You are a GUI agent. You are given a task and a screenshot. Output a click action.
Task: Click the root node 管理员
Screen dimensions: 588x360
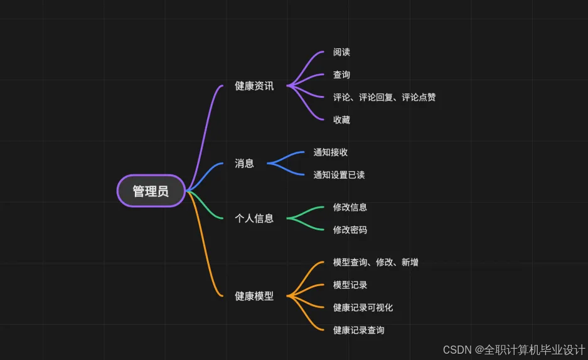click(x=151, y=191)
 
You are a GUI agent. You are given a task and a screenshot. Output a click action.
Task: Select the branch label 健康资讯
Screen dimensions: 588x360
click(x=254, y=86)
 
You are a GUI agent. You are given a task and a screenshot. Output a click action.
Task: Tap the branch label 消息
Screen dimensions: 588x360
click(x=244, y=163)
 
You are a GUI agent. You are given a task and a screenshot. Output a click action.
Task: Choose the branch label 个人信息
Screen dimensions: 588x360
click(x=254, y=218)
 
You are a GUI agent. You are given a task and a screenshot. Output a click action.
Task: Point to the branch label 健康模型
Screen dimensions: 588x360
click(x=254, y=296)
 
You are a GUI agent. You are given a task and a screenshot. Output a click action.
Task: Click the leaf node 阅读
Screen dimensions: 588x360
click(x=341, y=52)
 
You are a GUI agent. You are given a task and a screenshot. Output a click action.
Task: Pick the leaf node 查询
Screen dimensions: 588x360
click(x=341, y=75)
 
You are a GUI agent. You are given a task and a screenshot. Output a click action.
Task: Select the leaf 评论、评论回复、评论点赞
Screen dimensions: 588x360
click(x=384, y=97)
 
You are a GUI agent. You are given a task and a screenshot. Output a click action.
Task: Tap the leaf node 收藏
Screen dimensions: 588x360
click(x=341, y=120)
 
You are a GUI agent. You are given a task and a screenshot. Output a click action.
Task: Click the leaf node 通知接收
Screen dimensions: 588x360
click(x=331, y=152)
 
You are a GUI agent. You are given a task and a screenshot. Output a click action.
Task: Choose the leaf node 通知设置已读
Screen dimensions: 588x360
click(x=339, y=174)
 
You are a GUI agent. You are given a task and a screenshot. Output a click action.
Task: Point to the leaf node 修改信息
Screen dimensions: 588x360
click(x=350, y=207)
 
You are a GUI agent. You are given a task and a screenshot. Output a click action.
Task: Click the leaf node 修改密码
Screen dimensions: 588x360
click(x=350, y=230)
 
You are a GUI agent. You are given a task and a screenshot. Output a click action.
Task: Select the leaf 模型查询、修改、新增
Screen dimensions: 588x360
click(x=375, y=262)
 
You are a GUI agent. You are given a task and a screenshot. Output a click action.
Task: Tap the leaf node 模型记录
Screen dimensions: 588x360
click(x=350, y=285)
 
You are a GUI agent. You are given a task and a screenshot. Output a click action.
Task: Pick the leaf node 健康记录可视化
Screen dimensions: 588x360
click(x=363, y=307)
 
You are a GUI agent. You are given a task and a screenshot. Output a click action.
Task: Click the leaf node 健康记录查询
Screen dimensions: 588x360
click(x=358, y=330)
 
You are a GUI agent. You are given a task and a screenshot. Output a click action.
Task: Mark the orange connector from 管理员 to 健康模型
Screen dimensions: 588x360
click(x=206, y=251)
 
